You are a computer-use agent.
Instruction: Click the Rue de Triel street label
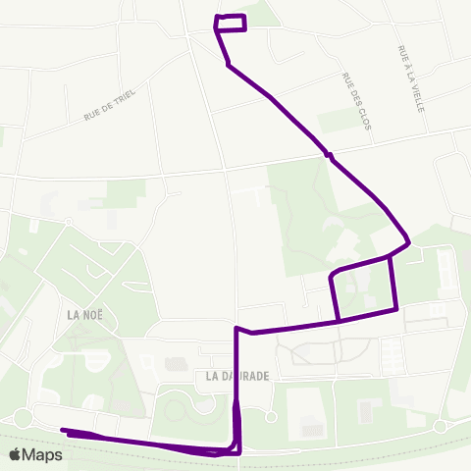pos(110,105)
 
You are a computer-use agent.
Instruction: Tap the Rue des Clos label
pos(355,101)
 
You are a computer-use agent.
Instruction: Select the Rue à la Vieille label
pos(410,78)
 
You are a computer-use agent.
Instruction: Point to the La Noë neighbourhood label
pos(85,315)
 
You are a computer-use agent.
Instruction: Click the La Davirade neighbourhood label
pos(237,376)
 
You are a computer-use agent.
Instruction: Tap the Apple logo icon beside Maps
pos(16,454)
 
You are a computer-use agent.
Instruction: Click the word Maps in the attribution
pos(42,454)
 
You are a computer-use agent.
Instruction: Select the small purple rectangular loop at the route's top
pos(231,24)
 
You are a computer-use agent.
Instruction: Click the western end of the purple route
pos(64,430)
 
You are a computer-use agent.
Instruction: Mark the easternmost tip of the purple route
pos(408,241)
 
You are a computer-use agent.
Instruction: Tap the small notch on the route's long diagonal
pos(329,155)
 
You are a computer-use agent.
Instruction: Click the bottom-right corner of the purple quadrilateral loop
pos(396,309)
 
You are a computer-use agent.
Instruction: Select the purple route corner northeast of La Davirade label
pos(237,329)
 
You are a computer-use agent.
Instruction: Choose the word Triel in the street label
pos(124,97)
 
